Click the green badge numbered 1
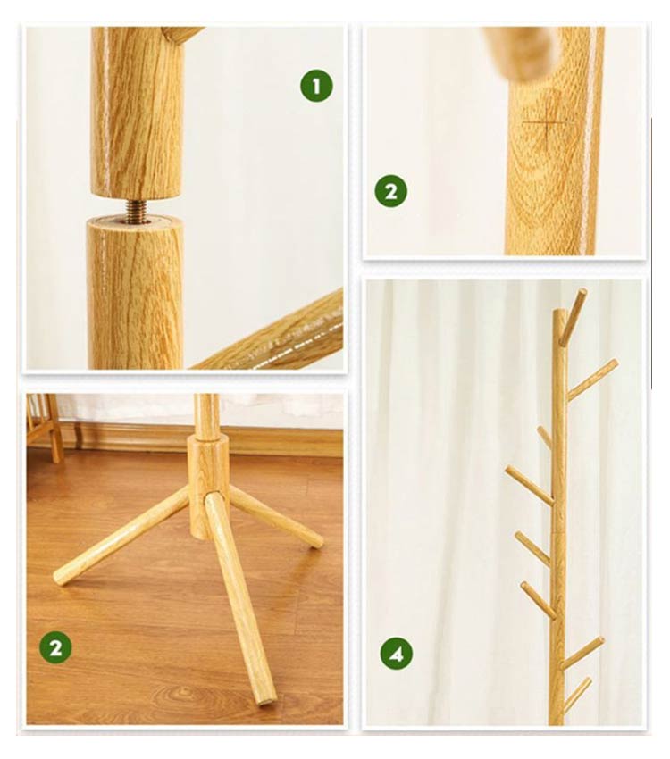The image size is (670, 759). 316,87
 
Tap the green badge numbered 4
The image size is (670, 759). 396,654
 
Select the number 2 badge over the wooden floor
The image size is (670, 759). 55,647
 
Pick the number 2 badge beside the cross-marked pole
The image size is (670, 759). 390,191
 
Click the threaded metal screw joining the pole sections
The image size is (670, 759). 138,209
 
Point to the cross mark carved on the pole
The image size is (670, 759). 548,122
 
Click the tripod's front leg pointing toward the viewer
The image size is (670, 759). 239,599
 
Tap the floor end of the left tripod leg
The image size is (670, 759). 61,576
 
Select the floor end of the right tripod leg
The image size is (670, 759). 316,539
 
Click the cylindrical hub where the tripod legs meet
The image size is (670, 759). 208,484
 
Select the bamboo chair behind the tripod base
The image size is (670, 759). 44,427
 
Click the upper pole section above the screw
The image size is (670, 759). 138,113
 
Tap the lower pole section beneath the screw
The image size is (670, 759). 136,293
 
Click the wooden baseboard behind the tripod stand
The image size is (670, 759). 194,438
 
